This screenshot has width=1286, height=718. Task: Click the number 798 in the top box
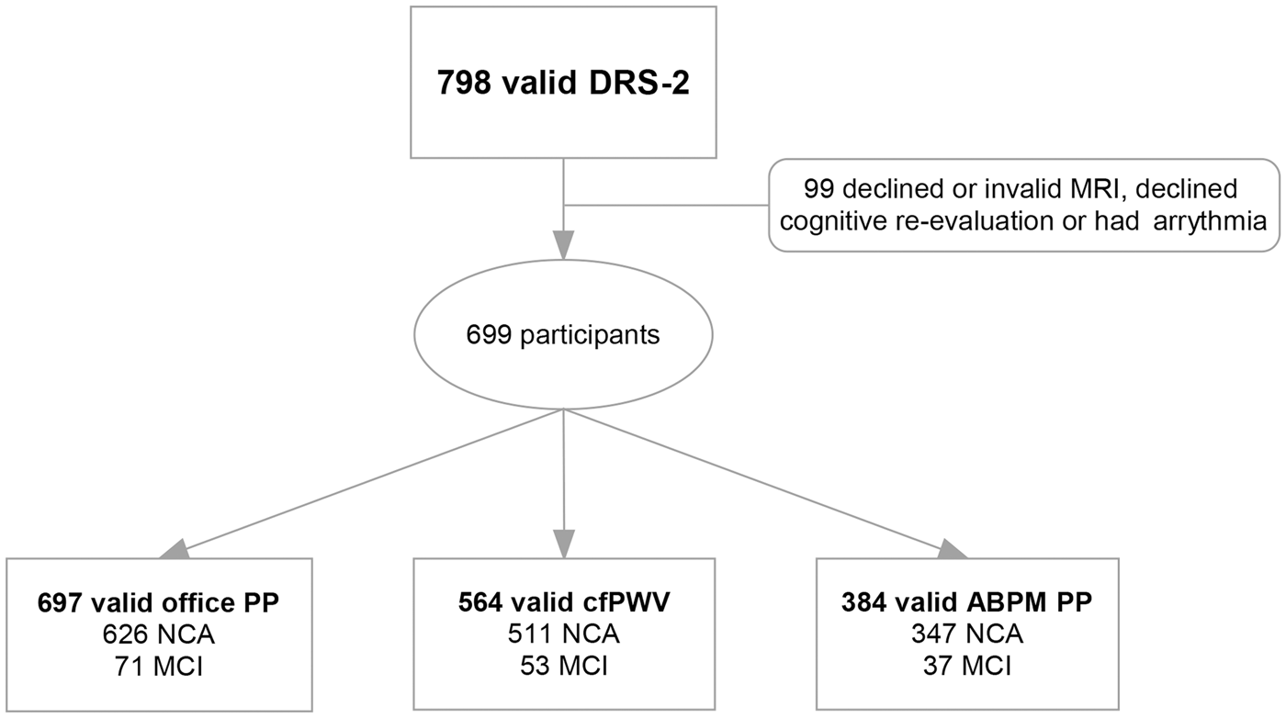point(464,83)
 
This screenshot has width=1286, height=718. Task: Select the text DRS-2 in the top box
point(639,83)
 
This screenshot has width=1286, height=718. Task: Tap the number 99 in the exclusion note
point(818,189)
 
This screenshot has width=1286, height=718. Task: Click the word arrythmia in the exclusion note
point(1210,221)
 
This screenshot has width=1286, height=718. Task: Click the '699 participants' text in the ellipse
point(562,335)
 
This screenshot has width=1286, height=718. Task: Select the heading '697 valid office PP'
point(158,602)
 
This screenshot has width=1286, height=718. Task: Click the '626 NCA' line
point(158,634)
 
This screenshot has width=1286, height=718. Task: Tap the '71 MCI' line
point(158,667)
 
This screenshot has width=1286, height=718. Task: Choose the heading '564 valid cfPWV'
point(564,602)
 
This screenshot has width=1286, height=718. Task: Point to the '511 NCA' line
point(564,634)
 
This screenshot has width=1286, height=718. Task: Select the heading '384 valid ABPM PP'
point(966,602)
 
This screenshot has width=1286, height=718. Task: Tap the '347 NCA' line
point(966,634)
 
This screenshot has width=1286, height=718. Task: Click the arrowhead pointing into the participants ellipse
point(563,245)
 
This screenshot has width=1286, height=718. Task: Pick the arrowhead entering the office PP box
point(175,549)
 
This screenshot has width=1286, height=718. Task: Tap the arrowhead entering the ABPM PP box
point(953,549)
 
